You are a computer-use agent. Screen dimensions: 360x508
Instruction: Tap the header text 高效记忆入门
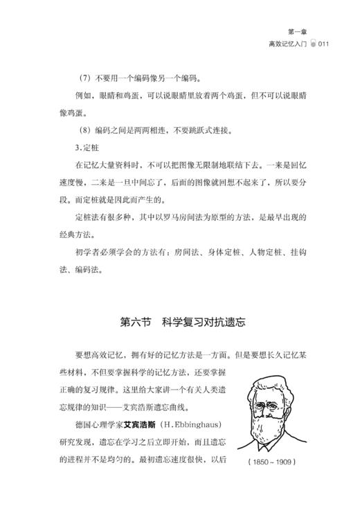(x=287, y=43)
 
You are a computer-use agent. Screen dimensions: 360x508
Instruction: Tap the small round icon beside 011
(x=314, y=43)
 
